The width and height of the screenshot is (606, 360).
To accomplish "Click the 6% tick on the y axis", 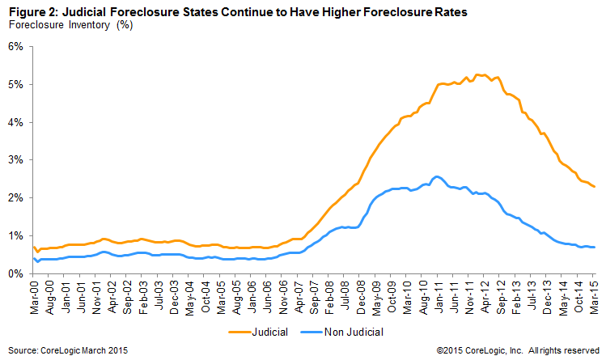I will [x=15, y=46].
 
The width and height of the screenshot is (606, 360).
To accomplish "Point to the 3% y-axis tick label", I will [x=15, y=160].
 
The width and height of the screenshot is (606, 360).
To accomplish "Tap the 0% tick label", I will [x=15, y=273].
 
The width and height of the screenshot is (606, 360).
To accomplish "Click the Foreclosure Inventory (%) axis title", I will [x=70, y=24].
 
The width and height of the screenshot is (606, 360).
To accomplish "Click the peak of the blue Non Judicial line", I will [x=437, y=176].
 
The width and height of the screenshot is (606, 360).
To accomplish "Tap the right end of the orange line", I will [x=595, y=187].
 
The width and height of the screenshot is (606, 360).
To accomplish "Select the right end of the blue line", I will [x=595, y=247].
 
